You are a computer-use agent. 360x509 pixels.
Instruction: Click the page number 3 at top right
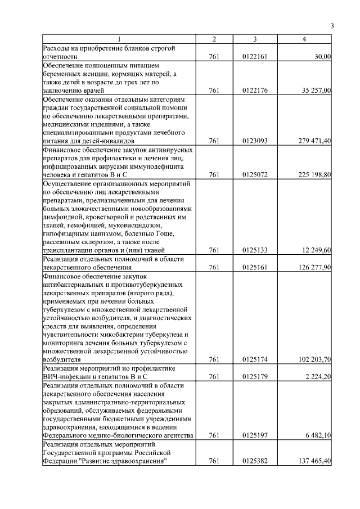[x=332, y=26]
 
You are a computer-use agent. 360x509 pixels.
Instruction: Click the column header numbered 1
[x=119, y=39]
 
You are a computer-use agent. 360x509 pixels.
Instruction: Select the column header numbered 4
[x=304, y=39]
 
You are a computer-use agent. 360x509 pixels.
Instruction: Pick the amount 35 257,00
[x=316, y=90]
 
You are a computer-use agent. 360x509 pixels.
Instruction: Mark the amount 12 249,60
[x=316, y=250]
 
